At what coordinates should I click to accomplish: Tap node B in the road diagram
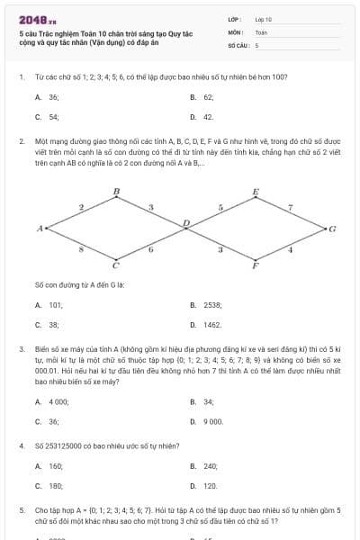tap(116, 191)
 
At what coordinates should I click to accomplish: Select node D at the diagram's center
tap(186, 222)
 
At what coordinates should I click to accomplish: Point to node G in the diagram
tap(331, 229)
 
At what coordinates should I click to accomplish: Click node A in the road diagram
tap(40, 229)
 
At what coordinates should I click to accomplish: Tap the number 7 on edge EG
tap(290, 207)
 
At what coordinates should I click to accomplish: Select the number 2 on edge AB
tap(81, 207)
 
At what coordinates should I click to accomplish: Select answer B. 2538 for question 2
tap(204, 305)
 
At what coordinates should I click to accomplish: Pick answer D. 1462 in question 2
tap(206, 325)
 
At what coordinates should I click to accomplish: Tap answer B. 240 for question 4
tap(204, 466)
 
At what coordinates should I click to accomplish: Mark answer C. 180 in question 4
tap(49, 486)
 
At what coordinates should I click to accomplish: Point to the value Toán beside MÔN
tap(262, 31)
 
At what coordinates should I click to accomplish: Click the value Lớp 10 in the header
tap(264, 19)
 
